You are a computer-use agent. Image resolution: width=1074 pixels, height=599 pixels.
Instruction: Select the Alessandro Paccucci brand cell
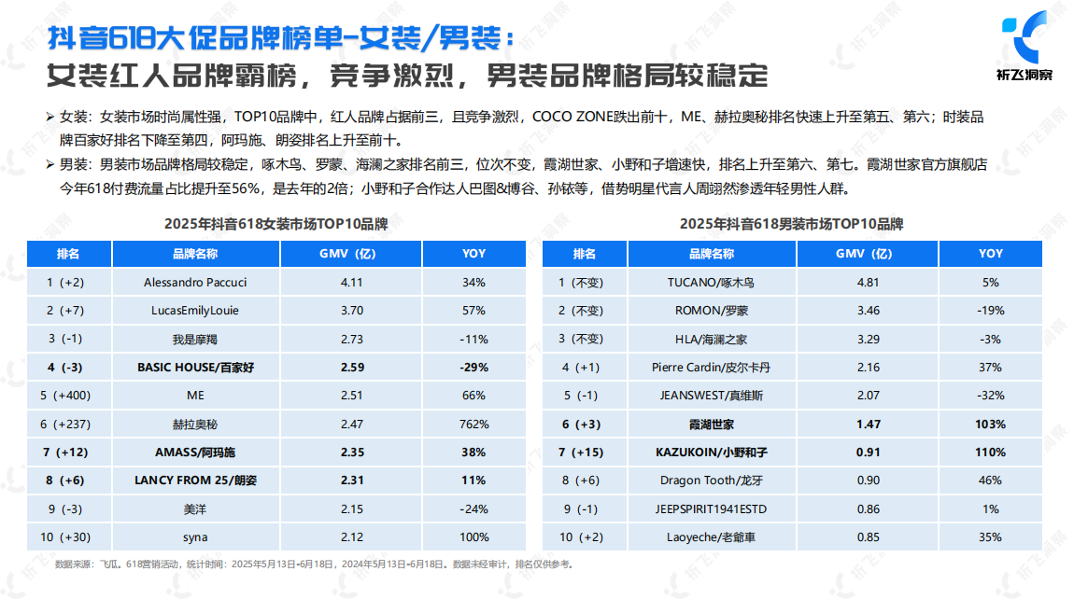click(x=195, y=282)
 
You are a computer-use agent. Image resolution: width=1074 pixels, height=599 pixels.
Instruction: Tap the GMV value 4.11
click(x=351, y=282)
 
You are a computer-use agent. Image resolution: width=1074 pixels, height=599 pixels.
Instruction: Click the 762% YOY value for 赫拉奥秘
click(x=473, y=425)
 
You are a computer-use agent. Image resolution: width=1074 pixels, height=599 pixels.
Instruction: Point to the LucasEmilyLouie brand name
click(x=195, y=310)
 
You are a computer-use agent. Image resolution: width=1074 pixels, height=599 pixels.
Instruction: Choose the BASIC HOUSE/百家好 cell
click(x=195, y=368)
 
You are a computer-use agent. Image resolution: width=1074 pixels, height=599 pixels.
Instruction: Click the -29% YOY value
click(x=473, y=368)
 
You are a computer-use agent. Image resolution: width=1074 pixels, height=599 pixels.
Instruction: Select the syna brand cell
click(x=195, y=537)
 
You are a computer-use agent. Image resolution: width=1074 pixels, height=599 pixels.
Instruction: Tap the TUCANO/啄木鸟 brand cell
click(x=711, y=282)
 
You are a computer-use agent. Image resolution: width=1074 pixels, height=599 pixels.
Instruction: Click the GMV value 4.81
click(x=868, y=282)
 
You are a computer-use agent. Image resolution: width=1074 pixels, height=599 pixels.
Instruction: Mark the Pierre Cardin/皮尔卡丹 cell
click(x=711, y=368)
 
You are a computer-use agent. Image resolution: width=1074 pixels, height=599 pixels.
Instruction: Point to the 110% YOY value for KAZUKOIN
click(x=990, y=453)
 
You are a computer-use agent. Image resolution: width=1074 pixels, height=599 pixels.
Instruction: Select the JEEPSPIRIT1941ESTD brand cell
click(x=711, y=509)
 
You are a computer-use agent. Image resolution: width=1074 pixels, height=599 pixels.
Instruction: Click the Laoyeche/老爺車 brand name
click(x=711, y=537)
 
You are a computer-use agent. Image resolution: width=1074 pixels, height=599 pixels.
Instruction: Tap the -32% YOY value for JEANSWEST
click(x=990, y=396)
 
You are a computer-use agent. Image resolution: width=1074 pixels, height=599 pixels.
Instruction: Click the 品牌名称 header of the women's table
click(x=195, y=254)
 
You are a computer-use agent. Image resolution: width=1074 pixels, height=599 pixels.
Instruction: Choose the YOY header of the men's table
click(x=990, y=254)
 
